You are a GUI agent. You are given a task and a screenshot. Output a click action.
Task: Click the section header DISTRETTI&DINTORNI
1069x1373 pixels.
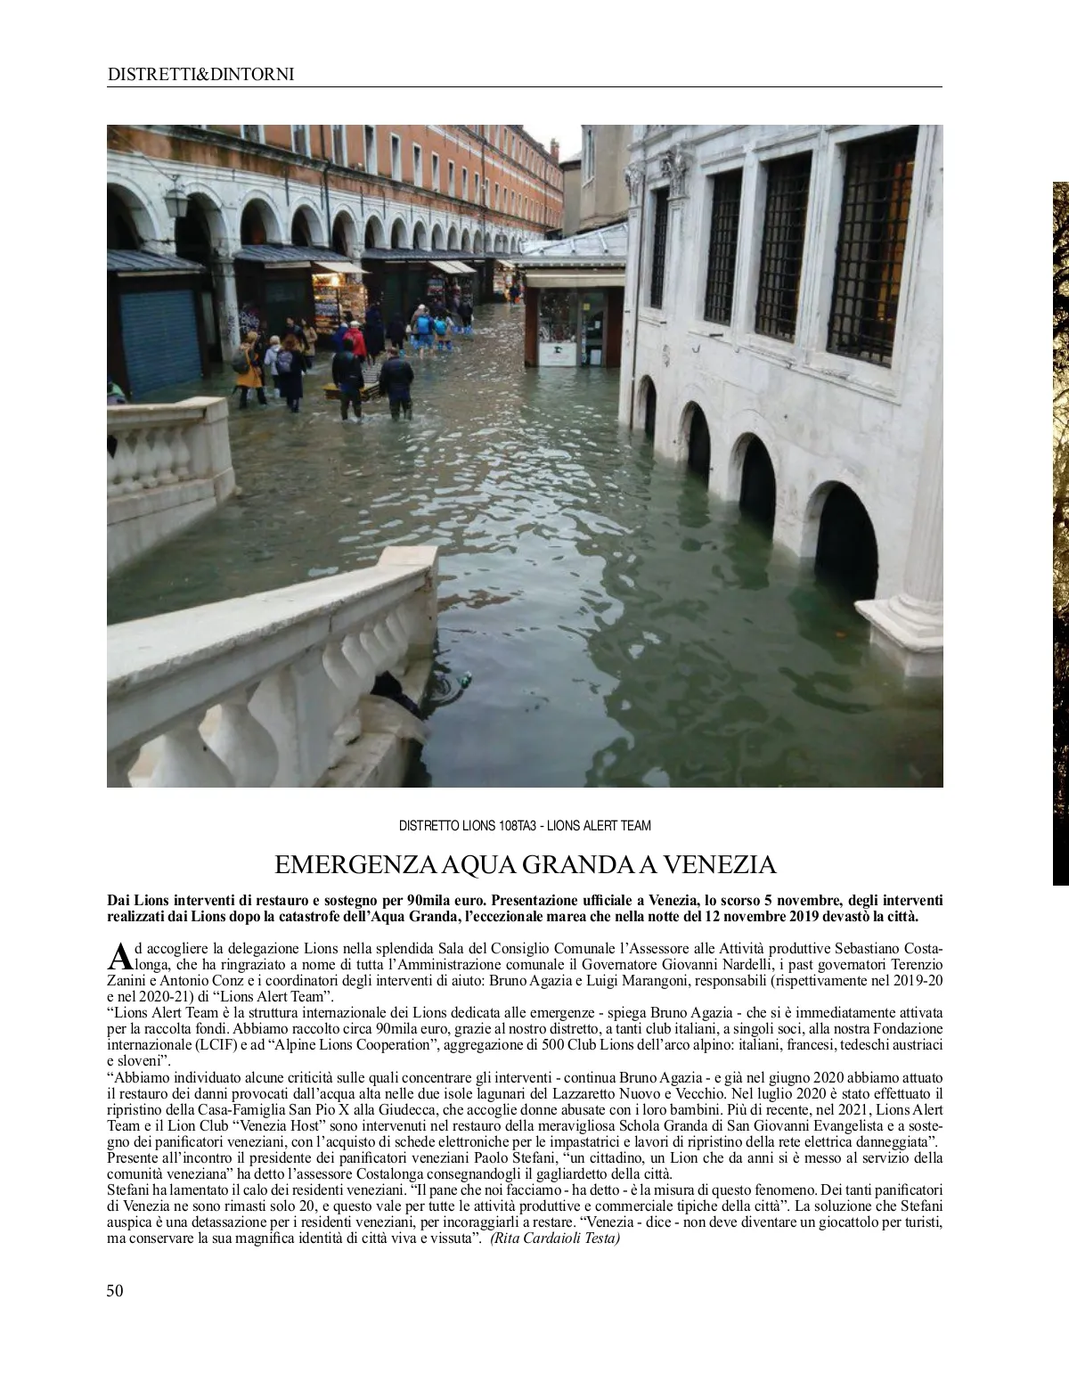200,75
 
